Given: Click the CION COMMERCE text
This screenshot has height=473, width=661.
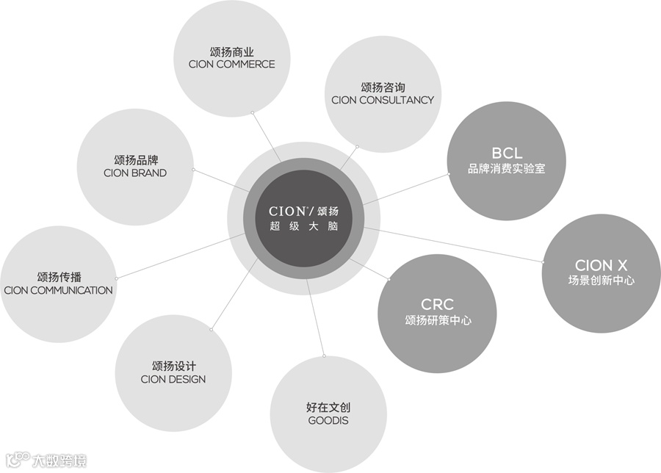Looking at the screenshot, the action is tap(231, 65).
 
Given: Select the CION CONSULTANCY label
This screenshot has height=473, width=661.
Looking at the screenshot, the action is tap(383, 100).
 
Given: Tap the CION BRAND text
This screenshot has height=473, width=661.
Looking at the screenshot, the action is tap(135, 173).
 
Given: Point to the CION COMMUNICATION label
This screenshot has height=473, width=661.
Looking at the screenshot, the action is tap(58, 290).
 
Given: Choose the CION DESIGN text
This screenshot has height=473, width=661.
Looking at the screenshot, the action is tap(173, 379).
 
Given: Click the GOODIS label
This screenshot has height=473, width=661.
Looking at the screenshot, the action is tap(328, 421).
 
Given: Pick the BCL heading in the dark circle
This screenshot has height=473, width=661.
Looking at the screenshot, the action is tap(507, 154).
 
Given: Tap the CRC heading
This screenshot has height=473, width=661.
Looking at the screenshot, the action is tap(437, 303).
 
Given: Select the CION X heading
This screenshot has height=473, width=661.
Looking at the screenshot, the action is tap(602, 265).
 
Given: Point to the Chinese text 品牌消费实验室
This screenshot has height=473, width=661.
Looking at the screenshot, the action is tap(507, 168).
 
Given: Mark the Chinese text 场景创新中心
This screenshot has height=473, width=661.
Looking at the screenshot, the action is tap(602, 281).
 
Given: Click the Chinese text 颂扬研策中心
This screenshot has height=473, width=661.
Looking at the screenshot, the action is tap(438, 319).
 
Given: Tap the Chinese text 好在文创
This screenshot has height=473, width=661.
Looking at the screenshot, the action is tap(328, 407).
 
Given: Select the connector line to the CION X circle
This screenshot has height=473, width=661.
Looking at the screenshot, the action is tap(455, 244).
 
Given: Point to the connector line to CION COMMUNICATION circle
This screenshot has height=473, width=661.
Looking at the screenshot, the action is tap(180, 257).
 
